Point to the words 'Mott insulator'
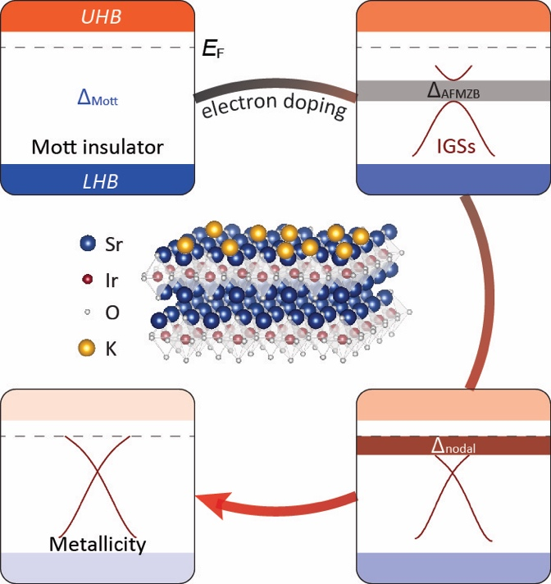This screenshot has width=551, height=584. tap(98, 148)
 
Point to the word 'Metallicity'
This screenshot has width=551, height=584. tap(98, 543)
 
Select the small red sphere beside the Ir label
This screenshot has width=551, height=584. tap(88, 279)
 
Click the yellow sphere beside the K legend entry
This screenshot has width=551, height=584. tap(87, 349)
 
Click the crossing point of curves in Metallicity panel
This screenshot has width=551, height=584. tap(98, 476)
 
